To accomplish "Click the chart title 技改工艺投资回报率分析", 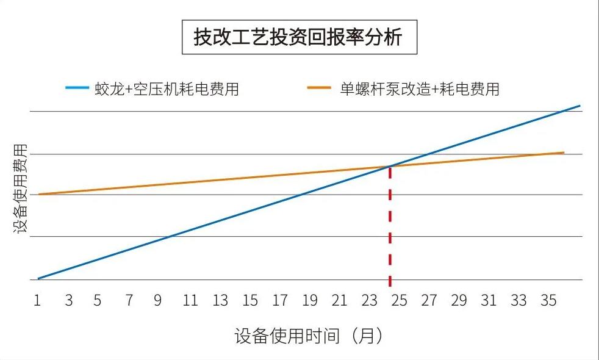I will tap(299, 38).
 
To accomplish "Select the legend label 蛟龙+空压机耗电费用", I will tap(167, 89).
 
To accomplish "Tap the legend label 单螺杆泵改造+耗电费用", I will tap(420, 89).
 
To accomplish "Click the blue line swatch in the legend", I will tap(77, 88).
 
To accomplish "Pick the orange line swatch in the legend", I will tap(320, 88).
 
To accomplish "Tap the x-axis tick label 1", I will tap(37, 300).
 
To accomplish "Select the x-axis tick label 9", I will tap(157, 300).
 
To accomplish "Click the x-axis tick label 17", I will tap(279, 300).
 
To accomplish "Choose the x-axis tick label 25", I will tap(399, 300).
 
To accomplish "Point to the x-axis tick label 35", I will tap(548, 300).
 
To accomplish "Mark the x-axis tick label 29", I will tap(459, 300).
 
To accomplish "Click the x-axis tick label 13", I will tap(220, 300).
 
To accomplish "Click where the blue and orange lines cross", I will tap(389, 166).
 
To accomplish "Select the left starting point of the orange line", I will tap(38, 194).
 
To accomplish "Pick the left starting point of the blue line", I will tap(38, 278).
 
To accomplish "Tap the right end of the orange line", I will tap(563, 153).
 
